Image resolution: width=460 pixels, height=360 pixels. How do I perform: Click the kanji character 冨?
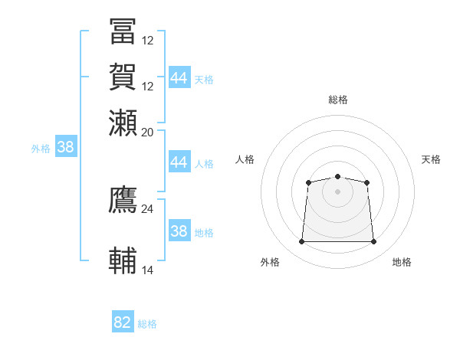click(x=123, y=31)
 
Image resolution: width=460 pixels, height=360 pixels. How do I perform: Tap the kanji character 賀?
click(x=123, y=77)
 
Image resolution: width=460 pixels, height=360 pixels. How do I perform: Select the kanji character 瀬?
click(x=123, y=123)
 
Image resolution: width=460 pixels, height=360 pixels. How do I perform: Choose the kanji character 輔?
click(x=123, y=261)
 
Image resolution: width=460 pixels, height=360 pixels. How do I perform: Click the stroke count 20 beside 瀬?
click(x=148, y=132)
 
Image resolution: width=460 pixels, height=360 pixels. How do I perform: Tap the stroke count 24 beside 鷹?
click(x=148, y=208)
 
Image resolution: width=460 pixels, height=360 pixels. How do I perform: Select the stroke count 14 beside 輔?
click(x=148, y=270)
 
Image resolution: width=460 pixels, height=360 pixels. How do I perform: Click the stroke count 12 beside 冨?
click(x=148, y=40)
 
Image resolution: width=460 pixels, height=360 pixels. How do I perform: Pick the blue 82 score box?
click(x=123, y=322)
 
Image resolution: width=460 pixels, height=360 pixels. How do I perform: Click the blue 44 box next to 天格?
click(x=179, y=78)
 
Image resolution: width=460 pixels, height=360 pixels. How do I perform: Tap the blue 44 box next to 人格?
click(x=179, y=162)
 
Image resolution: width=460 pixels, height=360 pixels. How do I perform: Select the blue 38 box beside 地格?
click(x=179, y=231)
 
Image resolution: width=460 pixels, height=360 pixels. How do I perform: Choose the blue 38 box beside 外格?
click(x=66, y=148)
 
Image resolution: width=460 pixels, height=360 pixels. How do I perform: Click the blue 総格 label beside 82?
click(x=147, y=324)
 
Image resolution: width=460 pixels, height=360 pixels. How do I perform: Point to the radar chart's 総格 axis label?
click(x=337, y=100)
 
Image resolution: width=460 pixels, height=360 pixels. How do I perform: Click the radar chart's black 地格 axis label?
click(x=402, y=262)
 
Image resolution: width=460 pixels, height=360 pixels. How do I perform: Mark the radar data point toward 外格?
click(x=301, y=242)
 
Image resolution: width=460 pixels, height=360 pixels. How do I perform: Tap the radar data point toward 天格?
click(x=367, y=182)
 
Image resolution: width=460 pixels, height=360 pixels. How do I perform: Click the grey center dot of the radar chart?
click(x=337, y=191)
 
